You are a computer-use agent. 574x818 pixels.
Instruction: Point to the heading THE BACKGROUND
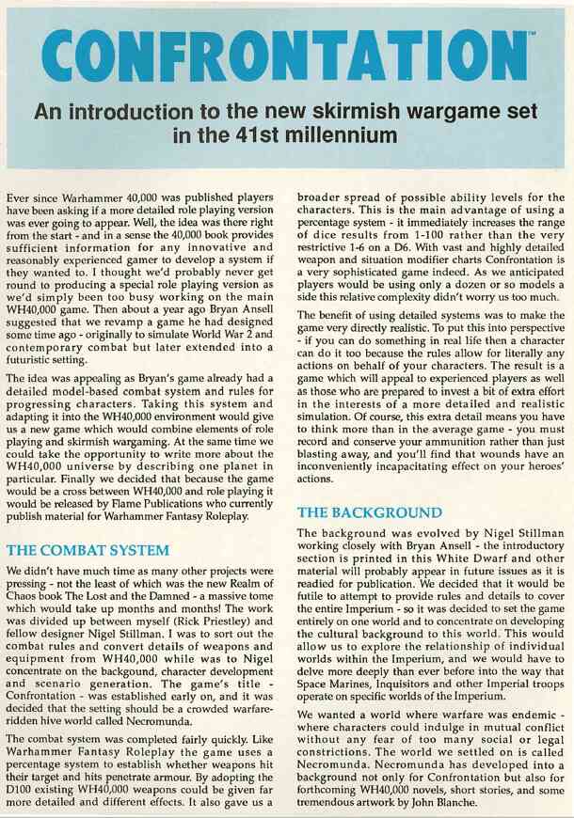tap(369, 512)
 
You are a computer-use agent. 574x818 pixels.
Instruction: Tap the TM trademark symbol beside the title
tap(532, 37)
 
